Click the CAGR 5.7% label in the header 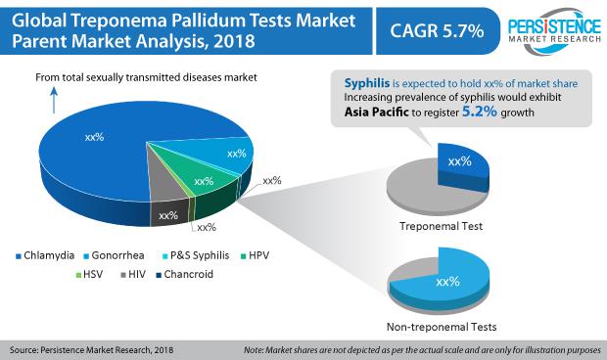pyautogui.click(x=437, y=31)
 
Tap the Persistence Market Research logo pyautogui.click(x=554, y=31)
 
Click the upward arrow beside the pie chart pyautogui.click(x=54, y=100)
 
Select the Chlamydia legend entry pyautogui.click(x=45, y=255)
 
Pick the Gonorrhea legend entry pyautogui.click(x=115, y=255)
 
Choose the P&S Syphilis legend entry pyautogui.click(x=196, y=255)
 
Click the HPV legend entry pyautogui.click(x=255, y=255)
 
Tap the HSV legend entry pyautogui.click(x=89, y=275)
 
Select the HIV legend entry pyautogui.click(x=133, y=275)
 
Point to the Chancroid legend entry pyautogui.click(x=184, y=275)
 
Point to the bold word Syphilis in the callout pyautogui.click(x=367, y=83)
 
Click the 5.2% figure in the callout pyautogui.click(x=480, y=112)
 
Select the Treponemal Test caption pyautogui.click(x=441, y=226)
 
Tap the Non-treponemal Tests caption pyautogui.click(x=442, y=327)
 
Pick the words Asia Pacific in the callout pyautogui.click(x=376, y=112)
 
